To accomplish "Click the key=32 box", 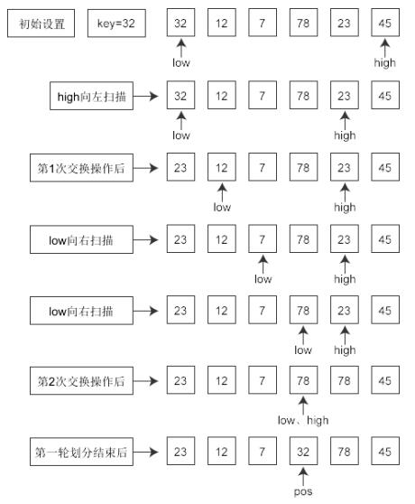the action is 116,23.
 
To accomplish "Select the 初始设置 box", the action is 41,23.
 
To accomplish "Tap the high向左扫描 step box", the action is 91,96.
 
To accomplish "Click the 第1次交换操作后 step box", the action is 81,168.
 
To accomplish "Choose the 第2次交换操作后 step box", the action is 81,380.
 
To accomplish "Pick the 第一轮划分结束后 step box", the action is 81,452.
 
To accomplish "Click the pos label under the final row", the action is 303,491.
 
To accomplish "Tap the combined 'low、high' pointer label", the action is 303,420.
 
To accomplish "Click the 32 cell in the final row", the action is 303,451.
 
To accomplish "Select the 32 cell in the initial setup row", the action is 180,23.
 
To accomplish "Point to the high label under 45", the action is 385,62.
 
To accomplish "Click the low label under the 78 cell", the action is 303,350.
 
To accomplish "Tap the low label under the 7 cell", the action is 263,279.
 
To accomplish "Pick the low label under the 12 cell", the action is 222,208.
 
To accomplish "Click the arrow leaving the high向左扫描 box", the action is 146,96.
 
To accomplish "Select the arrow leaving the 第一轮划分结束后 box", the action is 146,452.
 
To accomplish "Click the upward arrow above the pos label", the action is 303,476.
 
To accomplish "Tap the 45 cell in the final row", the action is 385,451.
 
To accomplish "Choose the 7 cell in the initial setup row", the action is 263,23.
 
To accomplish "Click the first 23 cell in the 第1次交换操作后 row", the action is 180,167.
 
